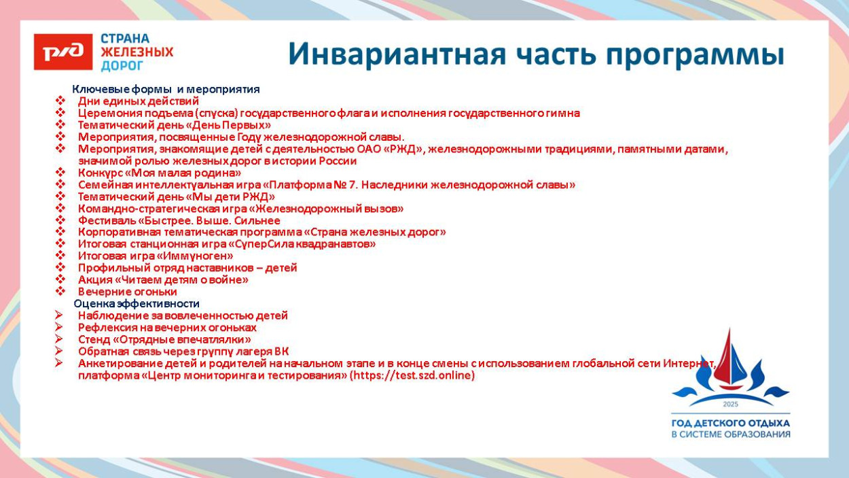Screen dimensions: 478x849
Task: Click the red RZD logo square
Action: click(62, 52)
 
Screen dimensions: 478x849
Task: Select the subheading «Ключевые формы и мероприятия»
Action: click(166, 89)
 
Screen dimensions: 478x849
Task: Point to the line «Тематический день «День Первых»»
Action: click(174, 125)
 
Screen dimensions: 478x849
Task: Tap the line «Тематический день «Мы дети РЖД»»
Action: click(176, 197)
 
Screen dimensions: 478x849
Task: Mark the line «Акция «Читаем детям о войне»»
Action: click(163, 279)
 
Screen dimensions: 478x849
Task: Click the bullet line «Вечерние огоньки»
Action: click(127, 292)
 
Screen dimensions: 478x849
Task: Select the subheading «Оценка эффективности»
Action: click(137, 303)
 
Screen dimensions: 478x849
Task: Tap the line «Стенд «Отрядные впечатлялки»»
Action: click(164, 339)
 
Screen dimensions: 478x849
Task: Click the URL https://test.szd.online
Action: click(414, 375)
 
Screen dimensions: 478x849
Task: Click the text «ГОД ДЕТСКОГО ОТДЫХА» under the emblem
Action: click(730, 423)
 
